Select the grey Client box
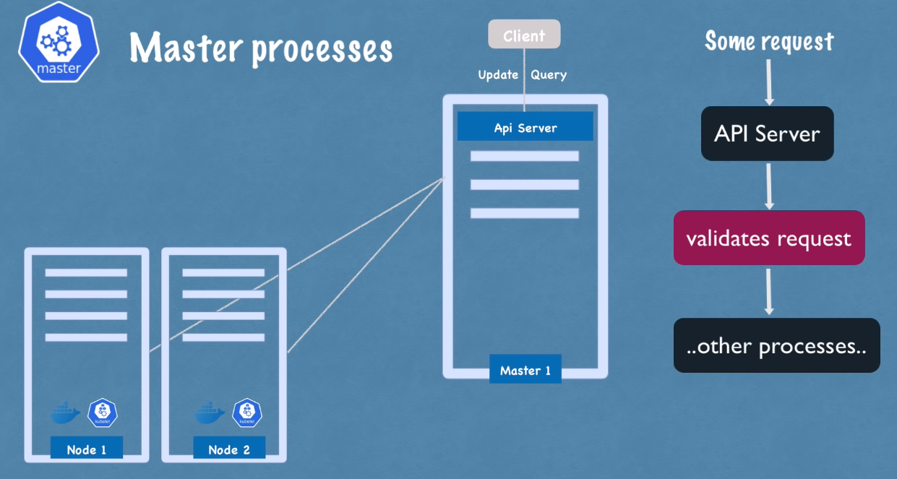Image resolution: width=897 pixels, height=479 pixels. (524, 35)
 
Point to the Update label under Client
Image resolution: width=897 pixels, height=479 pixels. (498, 74)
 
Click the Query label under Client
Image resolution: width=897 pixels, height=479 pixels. (549, 74)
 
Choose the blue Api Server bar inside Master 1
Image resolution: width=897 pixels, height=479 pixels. (525, 127)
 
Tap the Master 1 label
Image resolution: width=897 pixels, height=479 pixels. (525, 370)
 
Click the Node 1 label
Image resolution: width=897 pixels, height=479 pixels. (87, 449)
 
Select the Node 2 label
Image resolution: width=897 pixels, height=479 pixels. (229, 449)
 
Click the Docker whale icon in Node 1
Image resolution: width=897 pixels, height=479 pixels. (66, 413)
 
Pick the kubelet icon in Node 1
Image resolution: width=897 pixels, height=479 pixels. (103, 413)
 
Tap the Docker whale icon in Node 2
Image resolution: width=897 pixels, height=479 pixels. (210, 413)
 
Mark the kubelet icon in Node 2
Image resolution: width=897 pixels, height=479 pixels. (247, 413)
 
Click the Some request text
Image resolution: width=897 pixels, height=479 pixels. (769, 41)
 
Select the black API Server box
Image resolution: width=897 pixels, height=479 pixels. (767, 134)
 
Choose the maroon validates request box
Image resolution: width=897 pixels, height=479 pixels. (769, 238)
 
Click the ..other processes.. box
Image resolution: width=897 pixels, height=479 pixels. (776, 345)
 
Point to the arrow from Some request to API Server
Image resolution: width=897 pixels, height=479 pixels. (768, 82)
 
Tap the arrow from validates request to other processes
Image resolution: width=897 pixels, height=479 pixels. (769, 290)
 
